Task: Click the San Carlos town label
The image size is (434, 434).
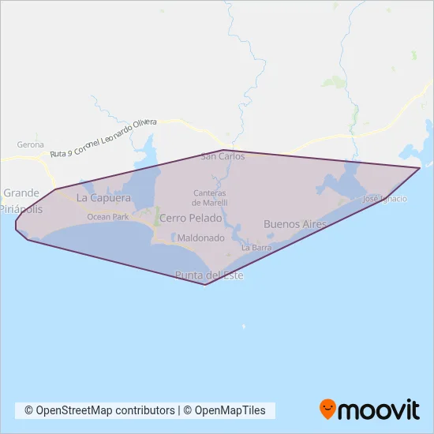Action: tap(223, 156)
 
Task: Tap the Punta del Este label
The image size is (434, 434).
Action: tap(209, 275)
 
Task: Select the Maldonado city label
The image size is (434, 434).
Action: tap(201, 237)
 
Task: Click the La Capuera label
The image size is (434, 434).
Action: tap(103, 198)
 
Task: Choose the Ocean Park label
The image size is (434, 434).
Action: tap(107, 216)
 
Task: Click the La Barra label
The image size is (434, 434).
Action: tap(256, 247)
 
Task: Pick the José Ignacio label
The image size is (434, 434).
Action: tap(384, 199)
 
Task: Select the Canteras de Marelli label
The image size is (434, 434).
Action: tap(209, 198)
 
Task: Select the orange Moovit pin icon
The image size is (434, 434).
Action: tap(327, 409)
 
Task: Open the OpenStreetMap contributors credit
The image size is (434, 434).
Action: tap(99, 410)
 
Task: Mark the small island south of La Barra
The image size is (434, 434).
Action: tap(244, 326)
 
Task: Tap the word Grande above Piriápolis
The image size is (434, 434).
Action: tap(21, 193)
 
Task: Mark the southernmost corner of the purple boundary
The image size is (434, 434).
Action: tap(205, 285)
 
